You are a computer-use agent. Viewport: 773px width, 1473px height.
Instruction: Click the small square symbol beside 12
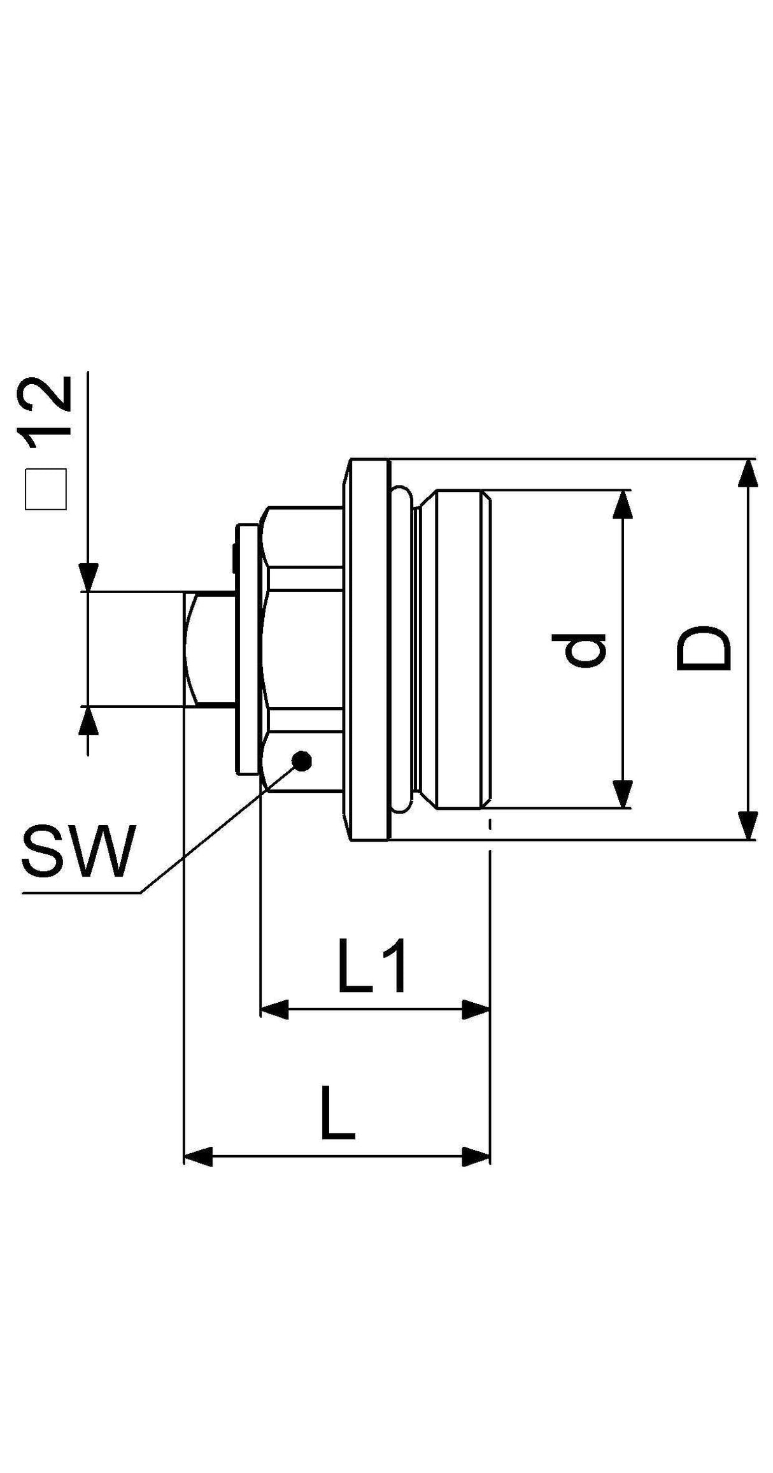45,490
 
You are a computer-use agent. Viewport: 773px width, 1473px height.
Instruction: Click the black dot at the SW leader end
301,760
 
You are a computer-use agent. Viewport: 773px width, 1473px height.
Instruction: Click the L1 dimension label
372,968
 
